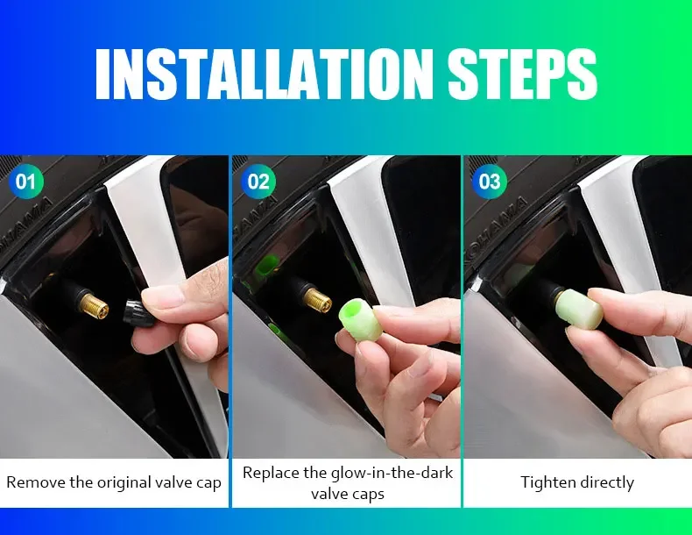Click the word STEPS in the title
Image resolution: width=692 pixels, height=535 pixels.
coord(522,74)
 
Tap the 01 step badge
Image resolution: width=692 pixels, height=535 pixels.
coord(26,182)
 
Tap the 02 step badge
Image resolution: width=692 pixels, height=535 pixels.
coord(258,182)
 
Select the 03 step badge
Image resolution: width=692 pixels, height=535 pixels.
coord(490,182)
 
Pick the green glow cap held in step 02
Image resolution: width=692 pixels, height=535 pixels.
coord(358,319)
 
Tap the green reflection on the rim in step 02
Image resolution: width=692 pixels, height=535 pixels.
coord(265,264)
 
